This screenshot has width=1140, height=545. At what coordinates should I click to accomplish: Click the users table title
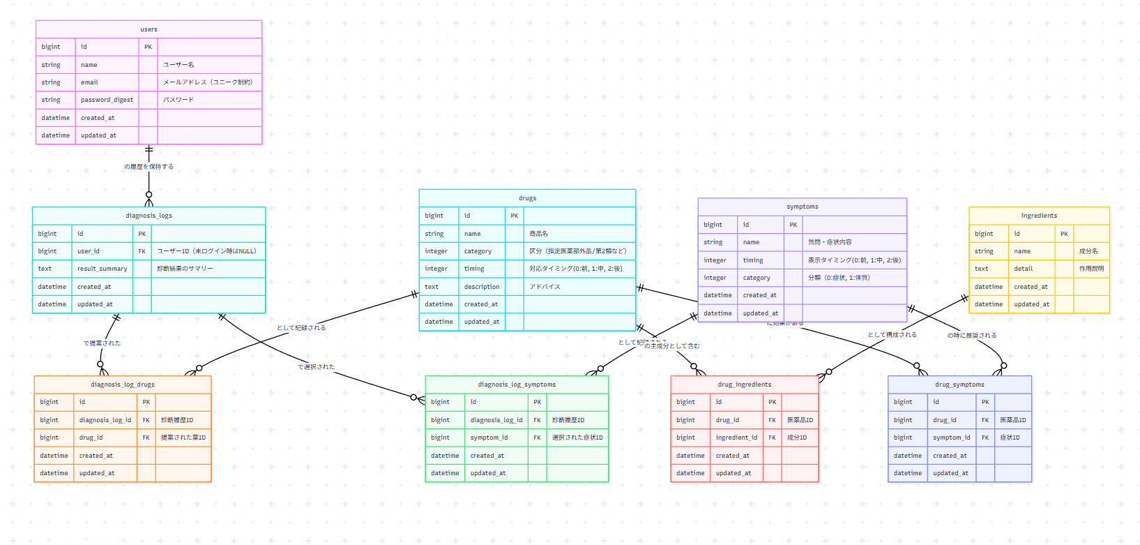149,29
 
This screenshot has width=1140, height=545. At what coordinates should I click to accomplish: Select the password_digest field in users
107,100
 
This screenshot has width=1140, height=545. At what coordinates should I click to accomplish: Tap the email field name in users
89,82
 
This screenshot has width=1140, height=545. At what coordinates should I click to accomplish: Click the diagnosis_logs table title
149,216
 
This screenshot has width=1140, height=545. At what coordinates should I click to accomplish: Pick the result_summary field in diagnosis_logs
102,269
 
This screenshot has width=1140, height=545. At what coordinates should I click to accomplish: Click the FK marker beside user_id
142,251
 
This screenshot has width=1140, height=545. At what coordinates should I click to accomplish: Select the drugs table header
527,198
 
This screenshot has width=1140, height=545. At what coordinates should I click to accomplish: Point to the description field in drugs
482,287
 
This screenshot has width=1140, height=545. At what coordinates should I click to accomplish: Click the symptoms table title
802,207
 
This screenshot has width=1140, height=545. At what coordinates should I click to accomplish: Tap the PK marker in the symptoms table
793,225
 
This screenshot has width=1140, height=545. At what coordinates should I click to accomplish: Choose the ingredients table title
1039,216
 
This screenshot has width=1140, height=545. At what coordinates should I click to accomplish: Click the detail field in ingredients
1023,269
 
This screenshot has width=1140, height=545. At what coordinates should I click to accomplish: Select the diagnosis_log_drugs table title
123,385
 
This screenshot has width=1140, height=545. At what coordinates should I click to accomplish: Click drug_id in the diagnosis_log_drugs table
91,438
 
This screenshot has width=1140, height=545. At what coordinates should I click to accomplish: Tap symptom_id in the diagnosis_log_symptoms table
489,438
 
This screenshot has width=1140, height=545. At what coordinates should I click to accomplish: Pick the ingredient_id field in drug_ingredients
736,438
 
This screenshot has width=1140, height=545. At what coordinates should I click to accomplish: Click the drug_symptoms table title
959,385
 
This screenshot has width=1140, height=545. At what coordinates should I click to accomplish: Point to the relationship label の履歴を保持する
149,167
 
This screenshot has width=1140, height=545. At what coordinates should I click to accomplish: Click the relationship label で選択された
316,367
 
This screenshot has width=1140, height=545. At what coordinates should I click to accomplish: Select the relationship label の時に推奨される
971,336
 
